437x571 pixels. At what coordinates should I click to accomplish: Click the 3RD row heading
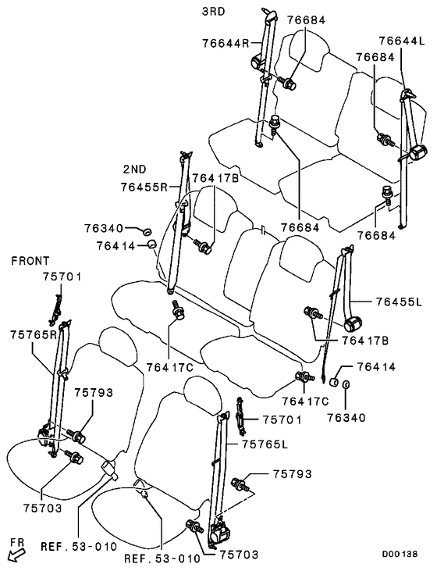click(214, 11)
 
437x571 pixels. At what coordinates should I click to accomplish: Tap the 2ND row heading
click(135, 169)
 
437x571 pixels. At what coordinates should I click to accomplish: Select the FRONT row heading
click(30, 261)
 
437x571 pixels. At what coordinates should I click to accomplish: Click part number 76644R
click(226, 43)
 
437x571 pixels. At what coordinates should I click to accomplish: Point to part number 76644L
click(402, 41)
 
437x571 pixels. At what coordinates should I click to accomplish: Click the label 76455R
click(144, 187)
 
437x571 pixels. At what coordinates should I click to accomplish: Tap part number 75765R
click(34, 334)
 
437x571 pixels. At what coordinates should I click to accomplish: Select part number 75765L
click(265, 444)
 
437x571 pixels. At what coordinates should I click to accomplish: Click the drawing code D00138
click(400, 555)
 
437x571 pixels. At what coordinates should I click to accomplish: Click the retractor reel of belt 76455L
click(353, 323)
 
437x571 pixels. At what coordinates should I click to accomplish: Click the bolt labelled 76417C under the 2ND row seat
click(178, 309)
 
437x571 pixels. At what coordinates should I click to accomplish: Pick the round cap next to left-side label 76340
click(147, 231)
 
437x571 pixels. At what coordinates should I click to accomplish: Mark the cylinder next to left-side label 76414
click(151, 244)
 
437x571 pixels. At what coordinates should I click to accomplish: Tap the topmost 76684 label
click(306, 20)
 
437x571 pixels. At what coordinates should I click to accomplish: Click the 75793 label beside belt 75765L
click(292, 474)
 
